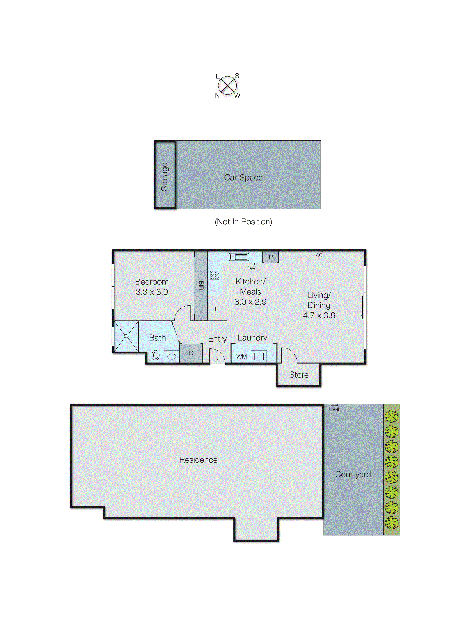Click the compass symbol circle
[227, 85]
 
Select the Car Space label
[243, 178]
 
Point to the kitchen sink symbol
[239, 257]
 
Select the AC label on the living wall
[319, 255]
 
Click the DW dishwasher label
[251, 268]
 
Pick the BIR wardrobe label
[201, 285]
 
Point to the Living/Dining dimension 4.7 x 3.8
[319, 315]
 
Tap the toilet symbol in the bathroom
[156, 356]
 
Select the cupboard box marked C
[191, 353]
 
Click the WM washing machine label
[242, 356]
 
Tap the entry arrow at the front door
[217, 364]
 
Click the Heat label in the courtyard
[334, 409]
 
